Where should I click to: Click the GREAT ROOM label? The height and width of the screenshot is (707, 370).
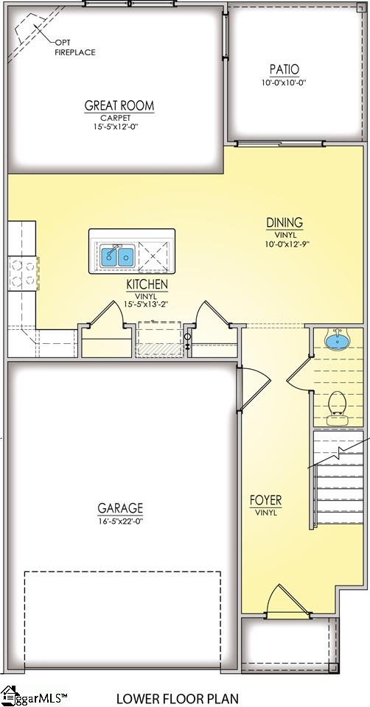click(x=119, y=105)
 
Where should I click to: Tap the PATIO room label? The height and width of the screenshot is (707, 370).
click(x=284, y=69)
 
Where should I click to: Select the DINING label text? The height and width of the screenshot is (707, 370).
click(x=285, y=222)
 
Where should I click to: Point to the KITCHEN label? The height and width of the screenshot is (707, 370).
click(x=147, y=284)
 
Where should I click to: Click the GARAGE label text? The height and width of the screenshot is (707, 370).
click(x=120, y=508)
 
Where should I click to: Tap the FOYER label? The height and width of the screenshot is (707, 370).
click(x=265, y=501)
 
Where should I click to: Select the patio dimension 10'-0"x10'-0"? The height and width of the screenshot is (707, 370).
click(x=284, y=82)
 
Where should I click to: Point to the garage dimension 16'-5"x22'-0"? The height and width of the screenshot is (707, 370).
click(x=120, y=521)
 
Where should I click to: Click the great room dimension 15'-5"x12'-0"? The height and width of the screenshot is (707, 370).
click(x=119, y=127)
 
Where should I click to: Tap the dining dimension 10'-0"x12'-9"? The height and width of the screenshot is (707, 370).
click(x=285, y=244)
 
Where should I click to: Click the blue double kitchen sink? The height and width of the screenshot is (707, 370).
click(x=117, y=256)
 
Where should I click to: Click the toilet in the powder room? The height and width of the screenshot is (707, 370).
click(x=338, y=404)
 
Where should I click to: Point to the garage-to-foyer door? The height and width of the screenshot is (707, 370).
click(x=251, y=388)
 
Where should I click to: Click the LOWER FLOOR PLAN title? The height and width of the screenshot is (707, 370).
click(x=178, y=697)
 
